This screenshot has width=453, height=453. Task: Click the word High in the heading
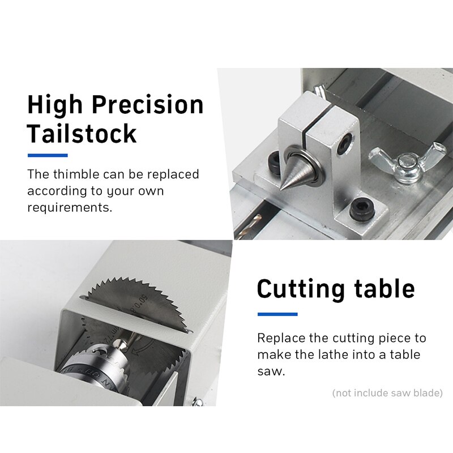[x=54, y=105]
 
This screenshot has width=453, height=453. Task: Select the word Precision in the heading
[x=148, y=105]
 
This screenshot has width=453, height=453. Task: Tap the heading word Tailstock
[x=82, y=133]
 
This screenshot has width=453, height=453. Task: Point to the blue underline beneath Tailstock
[x=48, y=155]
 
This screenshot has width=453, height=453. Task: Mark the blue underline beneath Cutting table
[x=277, y=314]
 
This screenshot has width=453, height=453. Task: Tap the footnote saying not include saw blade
[x=387, y=392]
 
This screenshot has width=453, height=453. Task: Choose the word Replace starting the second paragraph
[x=281, y=338]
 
